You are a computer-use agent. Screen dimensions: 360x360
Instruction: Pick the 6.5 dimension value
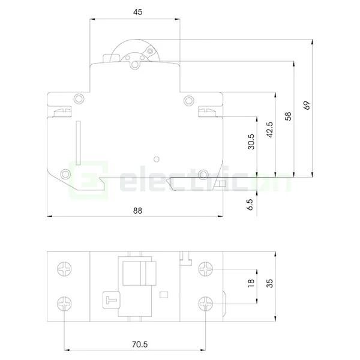click(x=250, y=203)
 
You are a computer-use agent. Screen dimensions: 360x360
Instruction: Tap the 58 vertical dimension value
click(x=289, y=116)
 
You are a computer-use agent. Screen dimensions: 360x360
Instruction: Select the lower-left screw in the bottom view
click(x=64, y=304)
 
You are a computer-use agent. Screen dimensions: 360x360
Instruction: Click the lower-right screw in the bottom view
click(x=206, y=304)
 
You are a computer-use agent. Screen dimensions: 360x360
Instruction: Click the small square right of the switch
click(x=163, y=295)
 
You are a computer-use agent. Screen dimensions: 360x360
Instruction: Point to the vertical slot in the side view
click(x=77, y=140)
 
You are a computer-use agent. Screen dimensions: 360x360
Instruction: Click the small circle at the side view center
click(x=156, y=159)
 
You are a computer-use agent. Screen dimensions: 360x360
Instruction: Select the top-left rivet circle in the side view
click(x=78, y=100)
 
